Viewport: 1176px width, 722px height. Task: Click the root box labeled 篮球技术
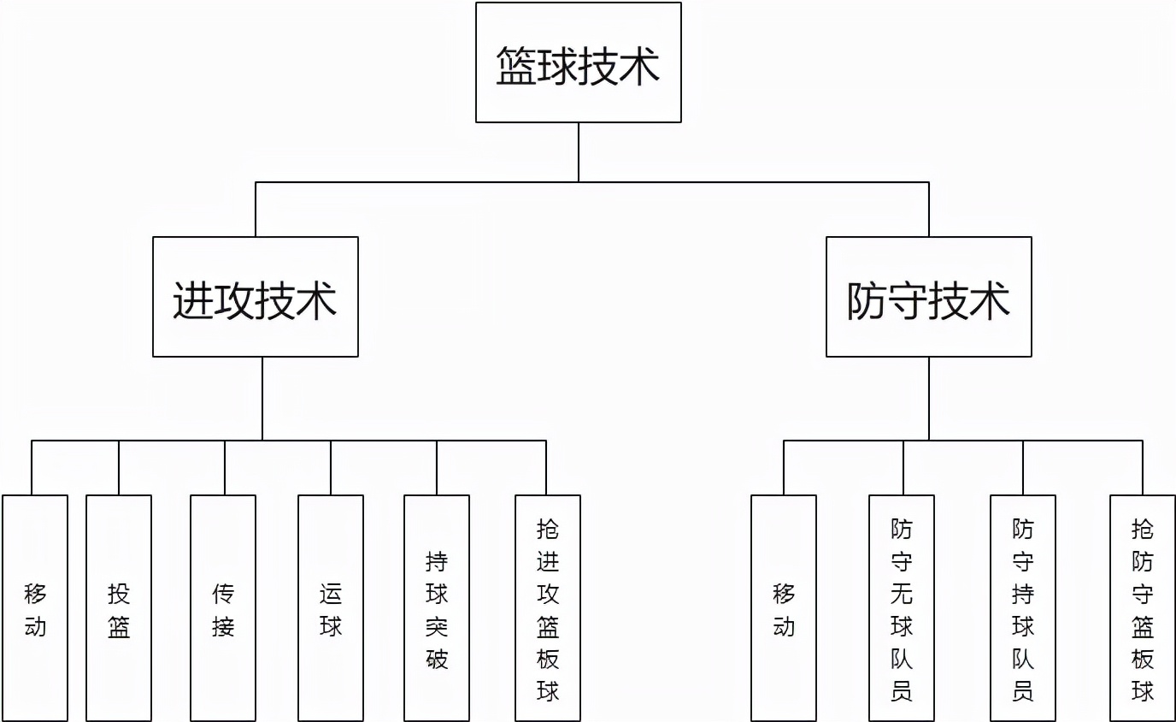coord(578,62)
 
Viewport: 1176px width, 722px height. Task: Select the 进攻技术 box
coord(255,297)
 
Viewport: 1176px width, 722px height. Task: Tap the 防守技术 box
coord(928,297)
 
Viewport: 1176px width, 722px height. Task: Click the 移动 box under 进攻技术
coord(35,608)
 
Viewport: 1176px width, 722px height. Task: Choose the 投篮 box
coord(119,608)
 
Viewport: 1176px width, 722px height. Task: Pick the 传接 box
coord(223,608)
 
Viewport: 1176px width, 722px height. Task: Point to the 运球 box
coord(331,608)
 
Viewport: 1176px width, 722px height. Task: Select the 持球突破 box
coord(437,608)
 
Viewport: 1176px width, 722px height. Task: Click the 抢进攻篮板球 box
coord(548,608)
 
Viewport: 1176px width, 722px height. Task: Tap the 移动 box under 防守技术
coord(784,608)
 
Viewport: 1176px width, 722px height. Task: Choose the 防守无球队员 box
coord(902,608)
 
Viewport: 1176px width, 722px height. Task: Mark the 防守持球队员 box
coord(1023,608)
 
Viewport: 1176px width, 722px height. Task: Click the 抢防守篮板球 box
coord(1143,608)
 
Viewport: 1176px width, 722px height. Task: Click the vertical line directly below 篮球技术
coord(579,152)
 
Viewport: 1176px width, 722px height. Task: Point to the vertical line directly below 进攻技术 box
coord(262,399)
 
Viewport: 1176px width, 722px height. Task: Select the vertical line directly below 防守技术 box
coord(929,399)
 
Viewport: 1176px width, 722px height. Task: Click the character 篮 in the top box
coord(516,66)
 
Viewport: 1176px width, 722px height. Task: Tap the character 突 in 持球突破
coord(437,626)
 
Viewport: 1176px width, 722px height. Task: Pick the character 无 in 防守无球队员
coord(902,594)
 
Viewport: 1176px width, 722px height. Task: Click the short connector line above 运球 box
coord(331,468)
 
